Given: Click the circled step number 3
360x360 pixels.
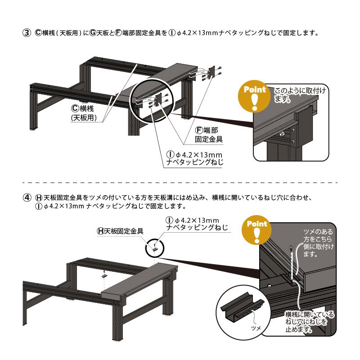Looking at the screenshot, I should tap(27, 33).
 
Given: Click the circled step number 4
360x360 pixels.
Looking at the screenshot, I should tap(27, 197).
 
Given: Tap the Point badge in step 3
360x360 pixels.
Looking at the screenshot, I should tap(255, 96).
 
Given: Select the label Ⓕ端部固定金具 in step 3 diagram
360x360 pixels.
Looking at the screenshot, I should tap(207, 134).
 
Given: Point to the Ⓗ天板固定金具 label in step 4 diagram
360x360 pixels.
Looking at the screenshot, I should tap(120, 231).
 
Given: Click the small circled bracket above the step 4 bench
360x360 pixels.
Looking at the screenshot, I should tap(155, 246).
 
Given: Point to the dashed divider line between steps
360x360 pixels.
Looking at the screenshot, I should tap(180, 183).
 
